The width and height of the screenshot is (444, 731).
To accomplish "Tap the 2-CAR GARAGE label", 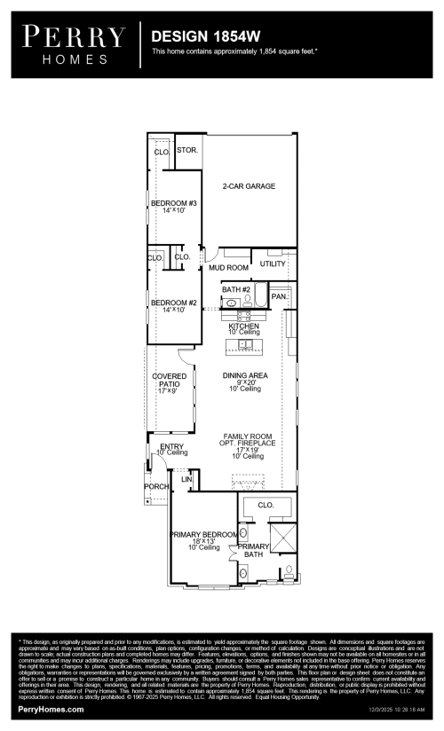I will [x=249, y=186].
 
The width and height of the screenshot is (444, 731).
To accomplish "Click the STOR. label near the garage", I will [x=186, y=151].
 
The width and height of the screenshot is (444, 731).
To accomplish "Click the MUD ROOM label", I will [x=228, y=267].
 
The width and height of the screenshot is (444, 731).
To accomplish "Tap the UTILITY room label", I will [x=273, y=264].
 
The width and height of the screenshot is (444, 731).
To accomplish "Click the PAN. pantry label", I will [x=278, y=296].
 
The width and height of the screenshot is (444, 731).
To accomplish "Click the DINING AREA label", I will [x=245, y=376].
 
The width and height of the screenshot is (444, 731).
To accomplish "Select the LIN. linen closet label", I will [x=186, y=479].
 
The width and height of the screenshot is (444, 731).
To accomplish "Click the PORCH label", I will [x=155, y=487].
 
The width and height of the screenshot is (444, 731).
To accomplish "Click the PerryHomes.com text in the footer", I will [x=51, y=709].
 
